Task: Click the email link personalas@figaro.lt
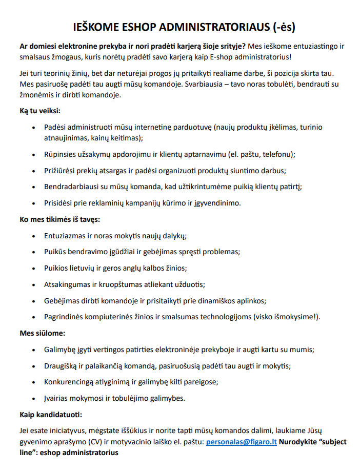coord(241,442)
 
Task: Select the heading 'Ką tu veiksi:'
coord(40,110)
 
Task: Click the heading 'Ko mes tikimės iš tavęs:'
coord(59,219)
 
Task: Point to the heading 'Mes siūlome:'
coord(42,333)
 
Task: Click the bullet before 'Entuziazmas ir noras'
coord(34,236)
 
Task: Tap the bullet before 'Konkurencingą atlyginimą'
coord(34,382)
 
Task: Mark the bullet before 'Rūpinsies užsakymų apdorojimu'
coord(34,154)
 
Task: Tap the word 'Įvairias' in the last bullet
coord(57,398)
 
